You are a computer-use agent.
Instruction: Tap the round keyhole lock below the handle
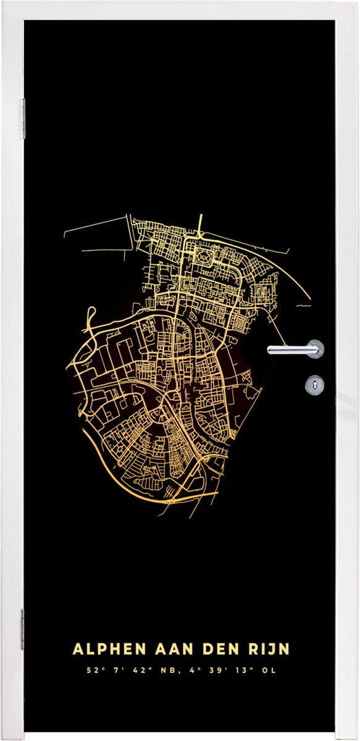coord(314,385)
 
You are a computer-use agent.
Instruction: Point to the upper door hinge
coord(23,118)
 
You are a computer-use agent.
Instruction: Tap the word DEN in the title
coord(216,650)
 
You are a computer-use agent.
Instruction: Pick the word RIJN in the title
coord(267,650)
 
